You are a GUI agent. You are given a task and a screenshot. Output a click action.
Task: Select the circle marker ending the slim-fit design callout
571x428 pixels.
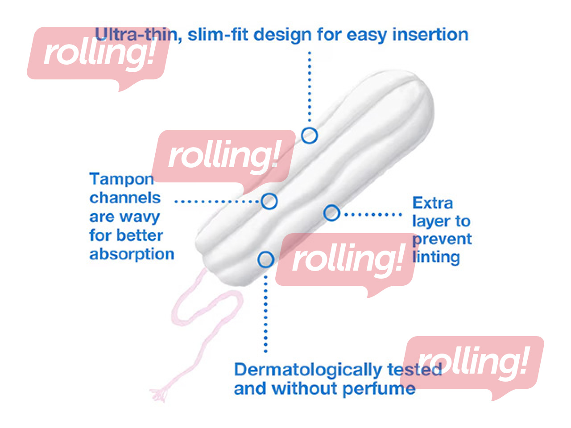(309, 135)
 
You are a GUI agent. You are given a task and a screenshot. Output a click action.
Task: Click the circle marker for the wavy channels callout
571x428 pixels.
(269, 201)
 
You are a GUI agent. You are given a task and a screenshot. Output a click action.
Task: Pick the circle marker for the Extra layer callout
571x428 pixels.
(331, 213)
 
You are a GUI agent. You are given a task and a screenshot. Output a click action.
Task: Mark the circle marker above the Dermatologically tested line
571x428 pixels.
(265, 259)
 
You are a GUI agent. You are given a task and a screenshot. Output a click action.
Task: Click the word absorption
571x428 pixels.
(132, 254)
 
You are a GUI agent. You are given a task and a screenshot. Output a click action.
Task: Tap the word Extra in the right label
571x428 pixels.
(432, 203)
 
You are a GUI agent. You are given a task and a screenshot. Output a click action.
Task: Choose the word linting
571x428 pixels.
(436, 257)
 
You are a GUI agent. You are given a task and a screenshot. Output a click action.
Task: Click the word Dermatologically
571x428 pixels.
(308, 370)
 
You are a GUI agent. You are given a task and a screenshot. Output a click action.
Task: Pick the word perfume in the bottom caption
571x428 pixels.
(379, 388)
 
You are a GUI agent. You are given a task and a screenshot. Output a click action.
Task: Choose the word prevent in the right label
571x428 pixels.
(442, 239)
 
